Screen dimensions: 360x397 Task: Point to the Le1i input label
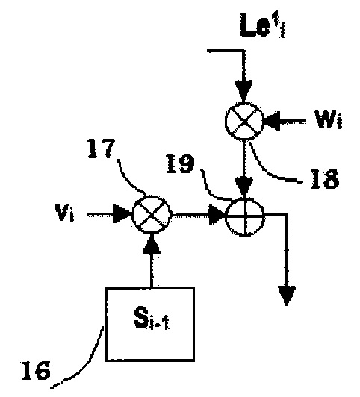[x=262, y=25]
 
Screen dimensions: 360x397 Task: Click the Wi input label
[x=329, y=119]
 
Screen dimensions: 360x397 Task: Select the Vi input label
[x=64, y=212]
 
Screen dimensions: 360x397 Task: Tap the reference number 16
[x=36, y=370]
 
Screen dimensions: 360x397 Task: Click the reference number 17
[x=101, y=149]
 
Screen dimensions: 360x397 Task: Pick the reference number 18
[x=325, y=179]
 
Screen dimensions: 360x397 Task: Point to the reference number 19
[x=180, y=164]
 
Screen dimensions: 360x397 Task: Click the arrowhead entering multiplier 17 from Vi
[x=122, y=213]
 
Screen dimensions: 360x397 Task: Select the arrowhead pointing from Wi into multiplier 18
[x=272, y=122]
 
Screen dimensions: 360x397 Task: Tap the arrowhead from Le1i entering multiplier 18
[x=243, y=91]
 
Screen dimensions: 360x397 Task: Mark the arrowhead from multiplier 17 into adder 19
[x=217, y=215]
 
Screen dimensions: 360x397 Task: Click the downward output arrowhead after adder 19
[x=287, y=296]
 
